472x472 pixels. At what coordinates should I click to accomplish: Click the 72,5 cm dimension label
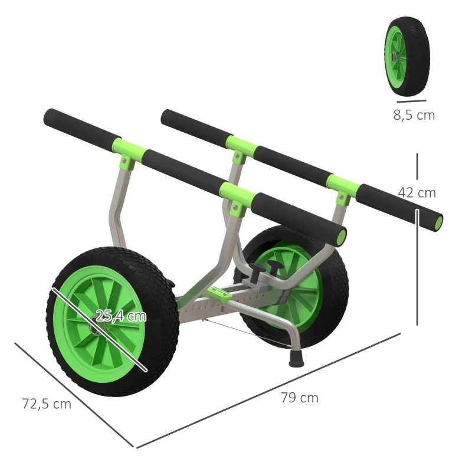(x=47, y=404)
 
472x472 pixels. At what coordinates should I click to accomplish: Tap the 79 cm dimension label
(x=299, y=398)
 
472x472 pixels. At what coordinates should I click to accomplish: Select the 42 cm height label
(x=417, y=192)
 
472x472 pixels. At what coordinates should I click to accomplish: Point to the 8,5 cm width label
(x=414, y=115)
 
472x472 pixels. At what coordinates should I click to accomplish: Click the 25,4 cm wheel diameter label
(x=121, y=316)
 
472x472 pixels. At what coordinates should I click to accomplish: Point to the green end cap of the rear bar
(x=438, y=222)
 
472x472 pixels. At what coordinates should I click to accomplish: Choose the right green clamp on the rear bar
(x=343, y=184)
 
